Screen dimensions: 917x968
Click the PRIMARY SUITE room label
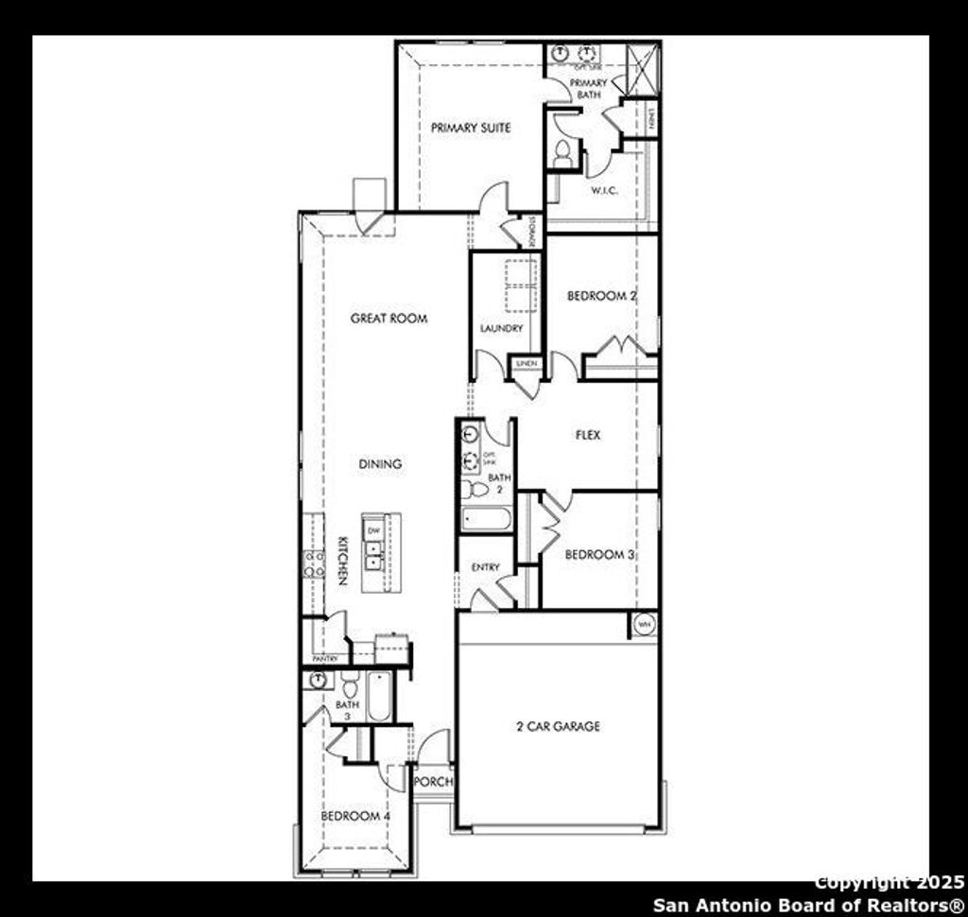pyautogui.click(x=471, y=128)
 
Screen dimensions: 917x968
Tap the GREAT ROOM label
pyautogui.click(x=389, y=319)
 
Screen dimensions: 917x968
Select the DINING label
pyautogui.click(x=380, y=464)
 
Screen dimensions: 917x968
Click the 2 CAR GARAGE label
pyautogui.click(x=558, y=726)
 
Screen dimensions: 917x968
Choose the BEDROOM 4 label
pyautogui.click(x=354, y=816)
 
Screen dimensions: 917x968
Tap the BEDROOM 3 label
pyautogui.click(x=599, y=555)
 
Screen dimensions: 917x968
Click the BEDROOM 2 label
pyautogui.click(x=601, y=296)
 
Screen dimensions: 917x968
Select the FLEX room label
pyautogui.click(x=588, y=436)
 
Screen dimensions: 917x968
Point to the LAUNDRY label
pyautogui.click(x=501, y=329)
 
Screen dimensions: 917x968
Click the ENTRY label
pyautogui.click(x=485, y=567)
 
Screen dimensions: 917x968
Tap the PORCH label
pyautogui.click(x=434, y=782)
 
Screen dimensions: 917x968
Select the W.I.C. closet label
pyautogui.click(x=604, y=191)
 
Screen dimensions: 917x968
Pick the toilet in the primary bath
pyautogui.click(x=562, y=153)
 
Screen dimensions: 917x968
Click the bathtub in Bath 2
pyautogui.click(x=487, y=519)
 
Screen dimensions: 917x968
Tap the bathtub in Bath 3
pyautogui.click(x=378, y=698)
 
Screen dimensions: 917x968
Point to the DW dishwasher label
pyautogui.click(x=373, y=530)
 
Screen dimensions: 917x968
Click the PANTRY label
pyautogui.click(x=325, y=658)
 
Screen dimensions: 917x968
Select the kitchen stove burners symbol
pyautogui.click(x=313, y=563)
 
